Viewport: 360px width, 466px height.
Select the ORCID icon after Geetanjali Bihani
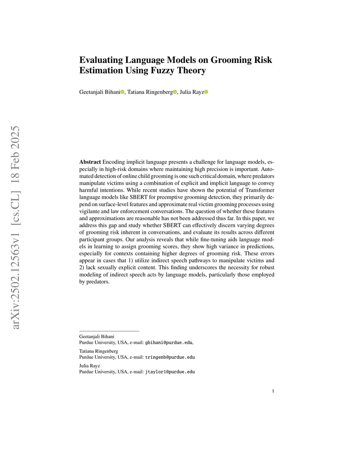(x=122, y=92)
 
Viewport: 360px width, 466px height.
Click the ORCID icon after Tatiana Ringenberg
(x=175, y=92)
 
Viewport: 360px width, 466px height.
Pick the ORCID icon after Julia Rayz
(x=206, y=92)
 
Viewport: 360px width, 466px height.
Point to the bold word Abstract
(x=90, y=162)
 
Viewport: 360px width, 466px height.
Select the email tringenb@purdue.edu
(x=170, y=357)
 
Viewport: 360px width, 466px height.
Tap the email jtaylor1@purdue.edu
(x=170, y=372)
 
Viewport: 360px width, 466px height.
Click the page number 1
(x=273, y=391)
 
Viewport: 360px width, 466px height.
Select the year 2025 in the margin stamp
(x=16, y=137)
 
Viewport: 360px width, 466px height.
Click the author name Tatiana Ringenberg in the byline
(x=150, y=92)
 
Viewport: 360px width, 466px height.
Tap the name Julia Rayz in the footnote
(x=90, y=366)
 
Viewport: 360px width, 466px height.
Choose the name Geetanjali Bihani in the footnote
(x=97, y=337)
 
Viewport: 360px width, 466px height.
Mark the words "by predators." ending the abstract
(x=95, y=282)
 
